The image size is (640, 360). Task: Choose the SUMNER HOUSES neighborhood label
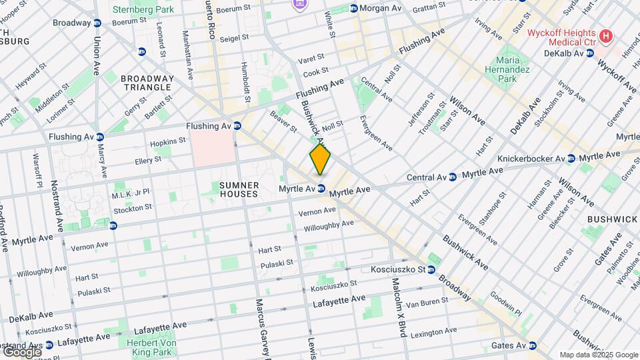coord(239,189)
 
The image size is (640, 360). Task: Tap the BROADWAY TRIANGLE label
coord(147,83)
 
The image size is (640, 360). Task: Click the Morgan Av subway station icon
coord(353,8)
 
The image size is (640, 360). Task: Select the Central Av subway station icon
coord(453,177)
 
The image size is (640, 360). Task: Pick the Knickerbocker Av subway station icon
coord(571,158)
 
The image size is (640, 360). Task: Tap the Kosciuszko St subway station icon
coord(431,270)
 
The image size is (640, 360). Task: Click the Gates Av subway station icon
coord(532,345)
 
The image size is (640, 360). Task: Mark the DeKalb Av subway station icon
coord(590,53)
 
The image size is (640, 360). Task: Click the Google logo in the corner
coord(21,351)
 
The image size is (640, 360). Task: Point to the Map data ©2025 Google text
coord(598,355)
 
